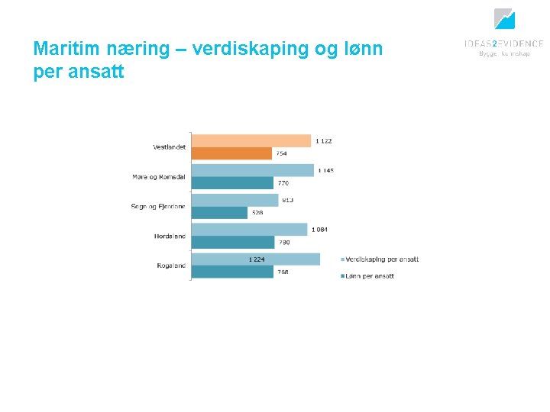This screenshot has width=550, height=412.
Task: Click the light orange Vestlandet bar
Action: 251,140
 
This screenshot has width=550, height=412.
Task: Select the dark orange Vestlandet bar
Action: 231,153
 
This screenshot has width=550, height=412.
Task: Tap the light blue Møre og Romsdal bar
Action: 252,170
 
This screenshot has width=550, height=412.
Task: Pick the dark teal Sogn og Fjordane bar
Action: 219,213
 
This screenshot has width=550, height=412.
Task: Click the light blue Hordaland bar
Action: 249,230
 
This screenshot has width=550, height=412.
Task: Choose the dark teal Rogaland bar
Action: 232,272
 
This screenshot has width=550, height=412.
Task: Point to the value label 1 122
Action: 324,141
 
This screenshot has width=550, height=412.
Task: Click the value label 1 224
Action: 257,259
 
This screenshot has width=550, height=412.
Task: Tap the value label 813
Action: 287,200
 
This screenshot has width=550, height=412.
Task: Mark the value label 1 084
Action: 319,230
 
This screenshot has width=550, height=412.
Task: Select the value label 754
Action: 282,153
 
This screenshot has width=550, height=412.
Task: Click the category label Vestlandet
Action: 169,147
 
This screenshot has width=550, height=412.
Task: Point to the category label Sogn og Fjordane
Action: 158,207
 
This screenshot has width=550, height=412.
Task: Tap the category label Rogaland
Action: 170,266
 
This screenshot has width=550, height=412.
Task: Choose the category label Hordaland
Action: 170,237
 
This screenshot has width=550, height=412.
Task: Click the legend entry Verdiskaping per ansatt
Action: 383,259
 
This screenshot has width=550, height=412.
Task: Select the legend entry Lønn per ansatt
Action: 370,275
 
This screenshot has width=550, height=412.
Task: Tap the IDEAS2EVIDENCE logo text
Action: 503,44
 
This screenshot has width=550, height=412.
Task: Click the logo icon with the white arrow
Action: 504,19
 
